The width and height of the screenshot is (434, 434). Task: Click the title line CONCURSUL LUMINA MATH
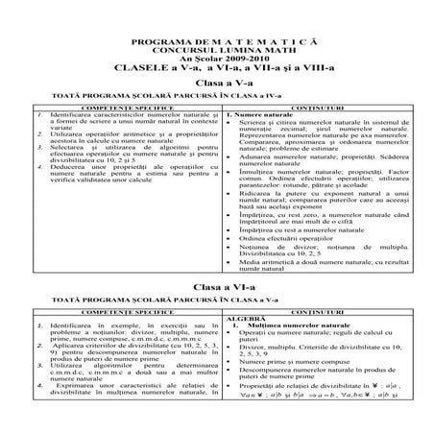[218, 54]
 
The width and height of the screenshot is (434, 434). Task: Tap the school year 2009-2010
[218, 63]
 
